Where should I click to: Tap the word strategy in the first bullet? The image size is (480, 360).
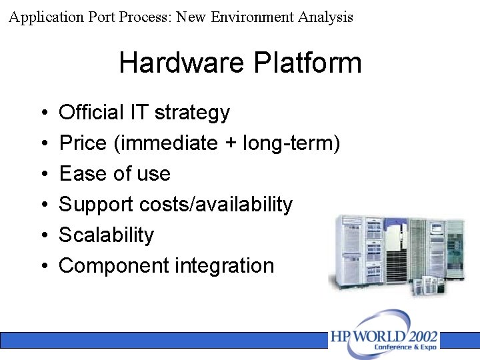(x=192, y=113)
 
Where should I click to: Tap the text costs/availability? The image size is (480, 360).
(x=216, y=205)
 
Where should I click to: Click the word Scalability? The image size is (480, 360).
(x=106, y=235)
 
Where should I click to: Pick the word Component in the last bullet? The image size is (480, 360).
(x=114, y=266)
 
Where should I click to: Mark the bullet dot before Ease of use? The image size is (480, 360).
(x=43, y=175)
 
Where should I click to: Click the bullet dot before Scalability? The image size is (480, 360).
(x=43, y=236)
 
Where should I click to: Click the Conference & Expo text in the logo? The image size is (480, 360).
(x=405, y=347)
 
